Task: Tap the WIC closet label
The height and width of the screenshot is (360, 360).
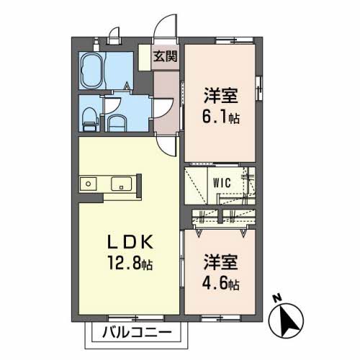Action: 221,183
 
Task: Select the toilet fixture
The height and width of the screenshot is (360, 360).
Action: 88,118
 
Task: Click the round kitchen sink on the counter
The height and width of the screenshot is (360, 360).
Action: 88,184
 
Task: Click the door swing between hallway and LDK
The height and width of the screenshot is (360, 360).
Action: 167,144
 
